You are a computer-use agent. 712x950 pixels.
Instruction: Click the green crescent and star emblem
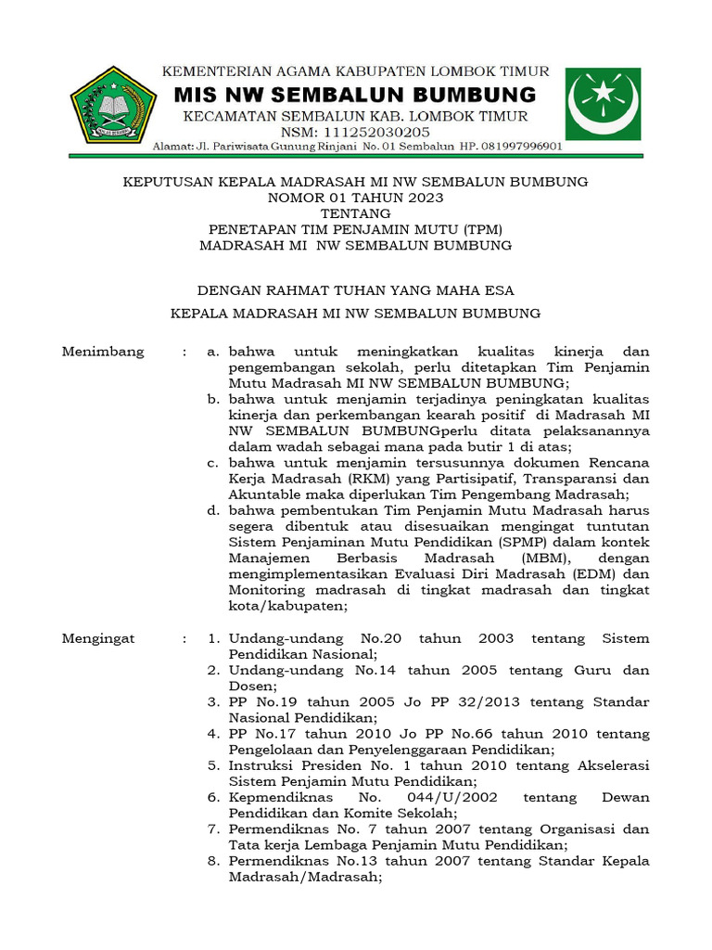pos(603,104)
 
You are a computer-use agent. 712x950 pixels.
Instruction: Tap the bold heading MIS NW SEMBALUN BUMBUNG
pos(356,95)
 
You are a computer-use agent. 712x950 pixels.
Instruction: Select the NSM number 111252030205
pos(355,132)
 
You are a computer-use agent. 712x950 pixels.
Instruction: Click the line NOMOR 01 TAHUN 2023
pos(355,198)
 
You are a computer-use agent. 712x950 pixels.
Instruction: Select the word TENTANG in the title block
pos(355,213)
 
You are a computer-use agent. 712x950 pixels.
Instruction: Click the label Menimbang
pos(103,352)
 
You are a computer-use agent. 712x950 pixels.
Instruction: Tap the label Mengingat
pos(98,638)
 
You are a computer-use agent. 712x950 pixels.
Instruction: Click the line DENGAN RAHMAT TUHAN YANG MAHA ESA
pos(355,290)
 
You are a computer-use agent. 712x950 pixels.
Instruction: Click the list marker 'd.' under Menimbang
pos(213,510)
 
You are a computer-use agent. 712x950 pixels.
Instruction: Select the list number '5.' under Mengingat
pos(213,765)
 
